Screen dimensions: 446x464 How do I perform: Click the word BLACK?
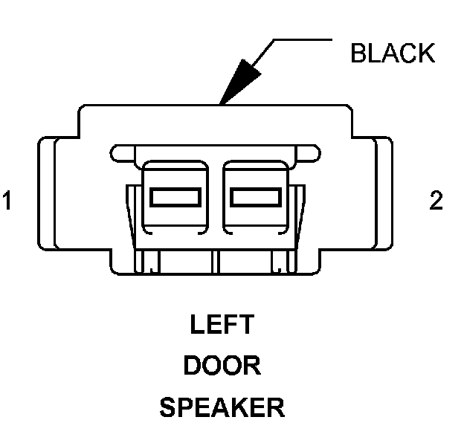pyautogui.click(x=393, y=54)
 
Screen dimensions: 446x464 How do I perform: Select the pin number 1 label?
pyautogui.click(x=7, y=202)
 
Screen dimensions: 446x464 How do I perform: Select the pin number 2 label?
pyautogui.click(x=436, y=202)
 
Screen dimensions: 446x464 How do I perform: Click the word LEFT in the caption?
pyautogui.click(x=222, y=326)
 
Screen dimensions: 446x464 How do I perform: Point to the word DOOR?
pyautogui.click(x=222, y=366)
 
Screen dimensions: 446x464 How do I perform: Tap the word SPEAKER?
pyautogui.click(x=222, y=407)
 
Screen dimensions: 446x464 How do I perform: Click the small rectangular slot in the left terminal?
pyautogui.click(x=175, y=197)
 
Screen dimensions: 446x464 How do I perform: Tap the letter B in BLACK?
pyautogui.click(x=359, y=54)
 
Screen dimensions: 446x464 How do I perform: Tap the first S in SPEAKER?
pyautogui.click(x=167, y=407)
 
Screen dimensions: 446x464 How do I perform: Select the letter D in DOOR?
pyautogui.click(x=192, y=366)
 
